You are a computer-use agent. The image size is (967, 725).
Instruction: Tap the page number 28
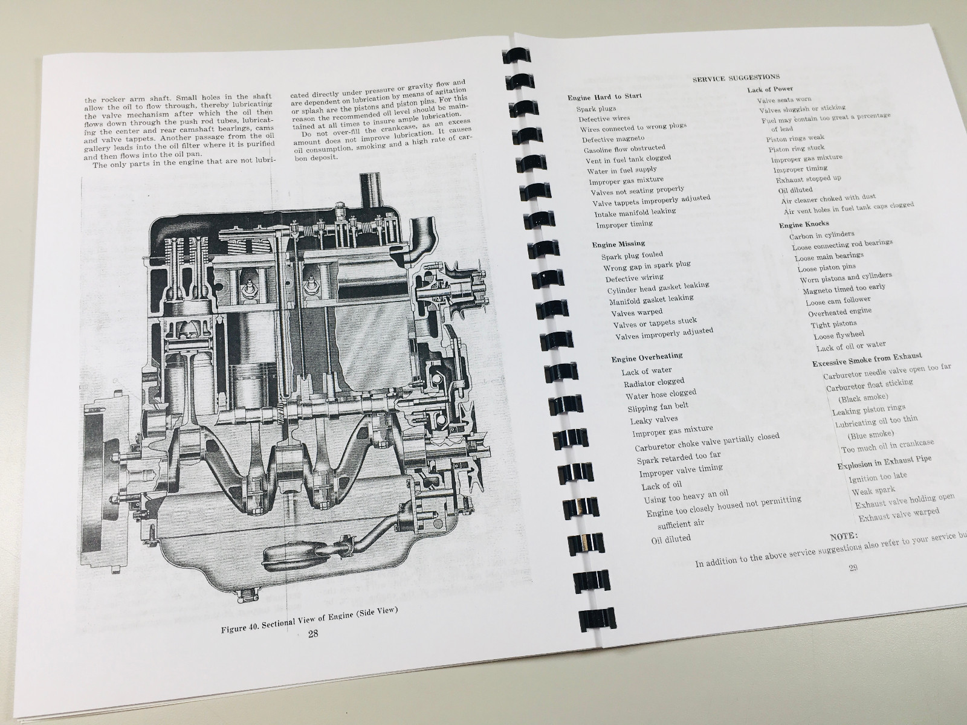(313, 634)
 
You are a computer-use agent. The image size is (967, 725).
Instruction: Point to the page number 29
(853, 567)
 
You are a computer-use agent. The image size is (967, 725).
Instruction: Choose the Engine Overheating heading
(647, 357)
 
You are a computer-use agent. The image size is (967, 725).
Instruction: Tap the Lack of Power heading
(770, 89)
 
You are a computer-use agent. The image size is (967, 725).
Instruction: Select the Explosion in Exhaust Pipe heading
(884, 462)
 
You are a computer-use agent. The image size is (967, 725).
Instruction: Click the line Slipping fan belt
(658, 407)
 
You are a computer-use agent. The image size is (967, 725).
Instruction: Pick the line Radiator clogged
(654, 382)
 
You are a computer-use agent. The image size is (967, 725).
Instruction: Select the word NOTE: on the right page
(844, 535)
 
